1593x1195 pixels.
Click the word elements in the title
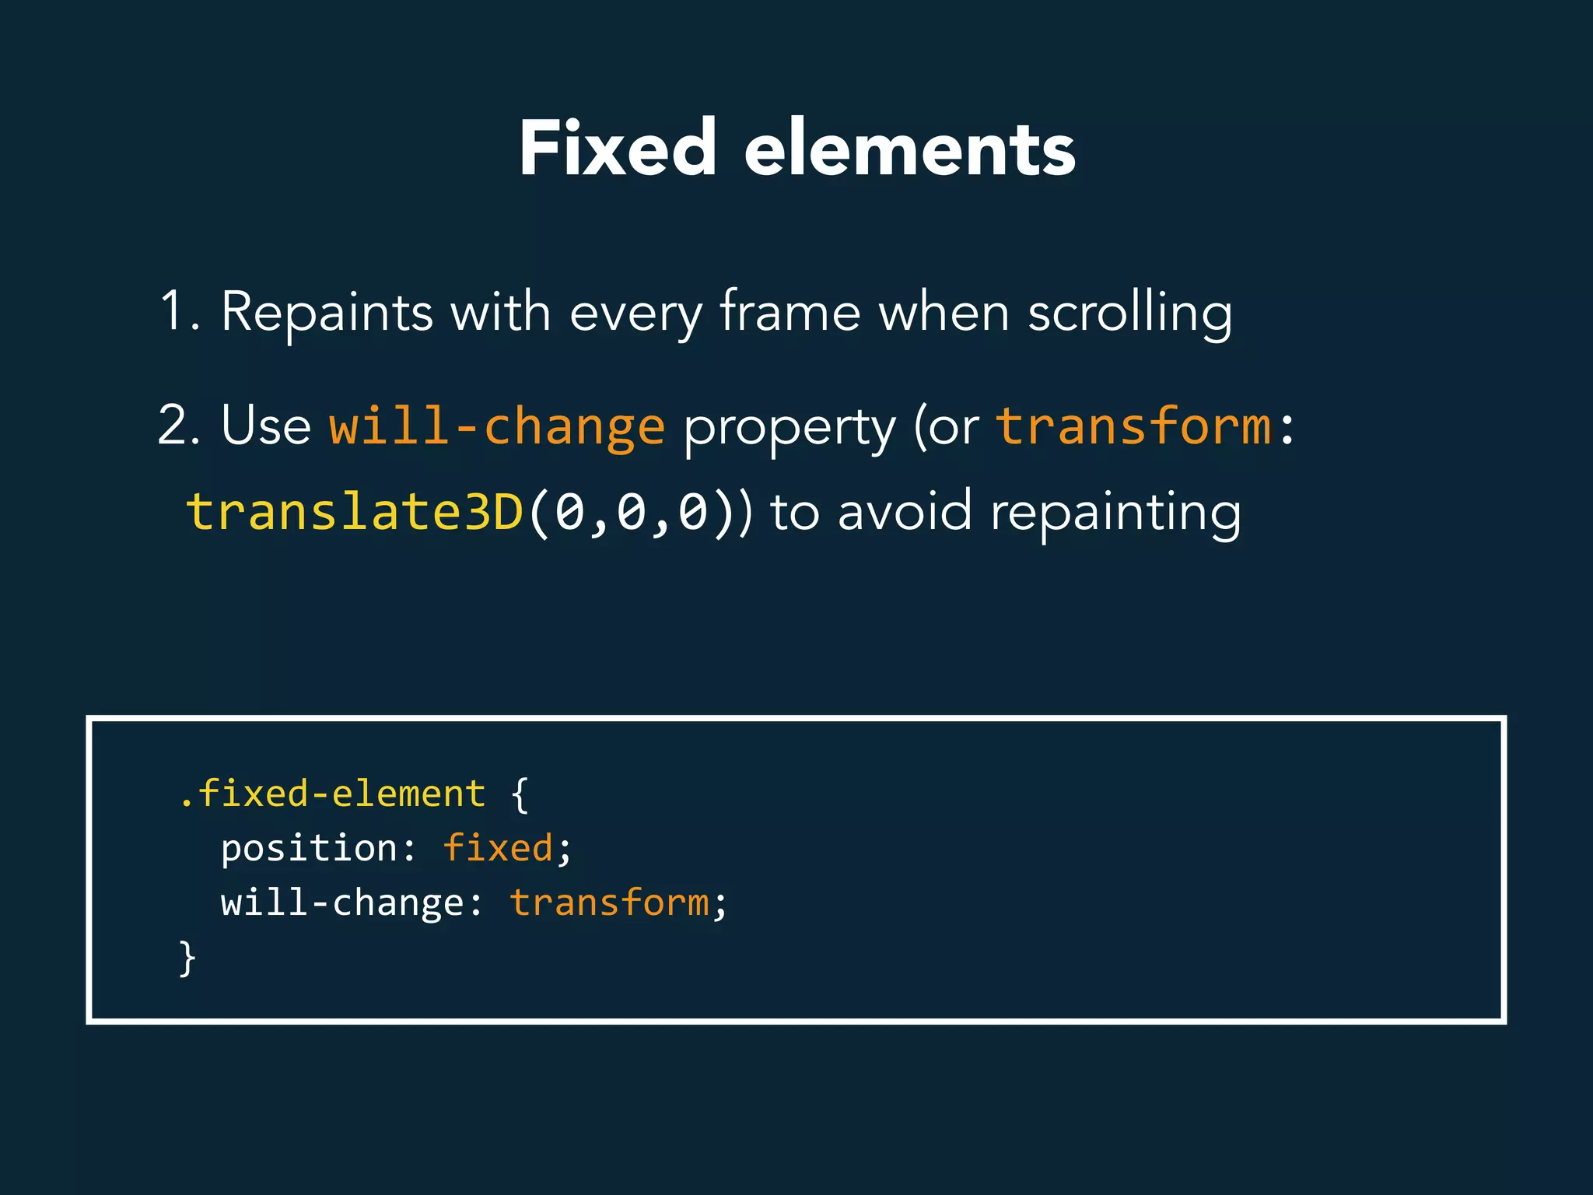909,149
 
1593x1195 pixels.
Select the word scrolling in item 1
1130,313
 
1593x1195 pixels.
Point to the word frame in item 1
789,311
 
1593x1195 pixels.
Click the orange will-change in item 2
496,426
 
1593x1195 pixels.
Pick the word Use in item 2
266,426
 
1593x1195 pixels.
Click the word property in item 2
789,429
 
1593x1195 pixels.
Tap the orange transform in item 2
1133,426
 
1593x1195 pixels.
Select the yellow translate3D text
355,512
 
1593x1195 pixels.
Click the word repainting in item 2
1115,513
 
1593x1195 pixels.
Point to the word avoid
905,512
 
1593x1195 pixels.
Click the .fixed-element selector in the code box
332,794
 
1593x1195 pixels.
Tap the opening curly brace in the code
520,795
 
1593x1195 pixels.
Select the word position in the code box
310,848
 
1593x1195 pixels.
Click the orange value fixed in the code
498,848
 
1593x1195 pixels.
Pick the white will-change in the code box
342,902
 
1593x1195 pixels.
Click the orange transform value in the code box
609,902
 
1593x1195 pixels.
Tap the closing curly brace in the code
187,958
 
